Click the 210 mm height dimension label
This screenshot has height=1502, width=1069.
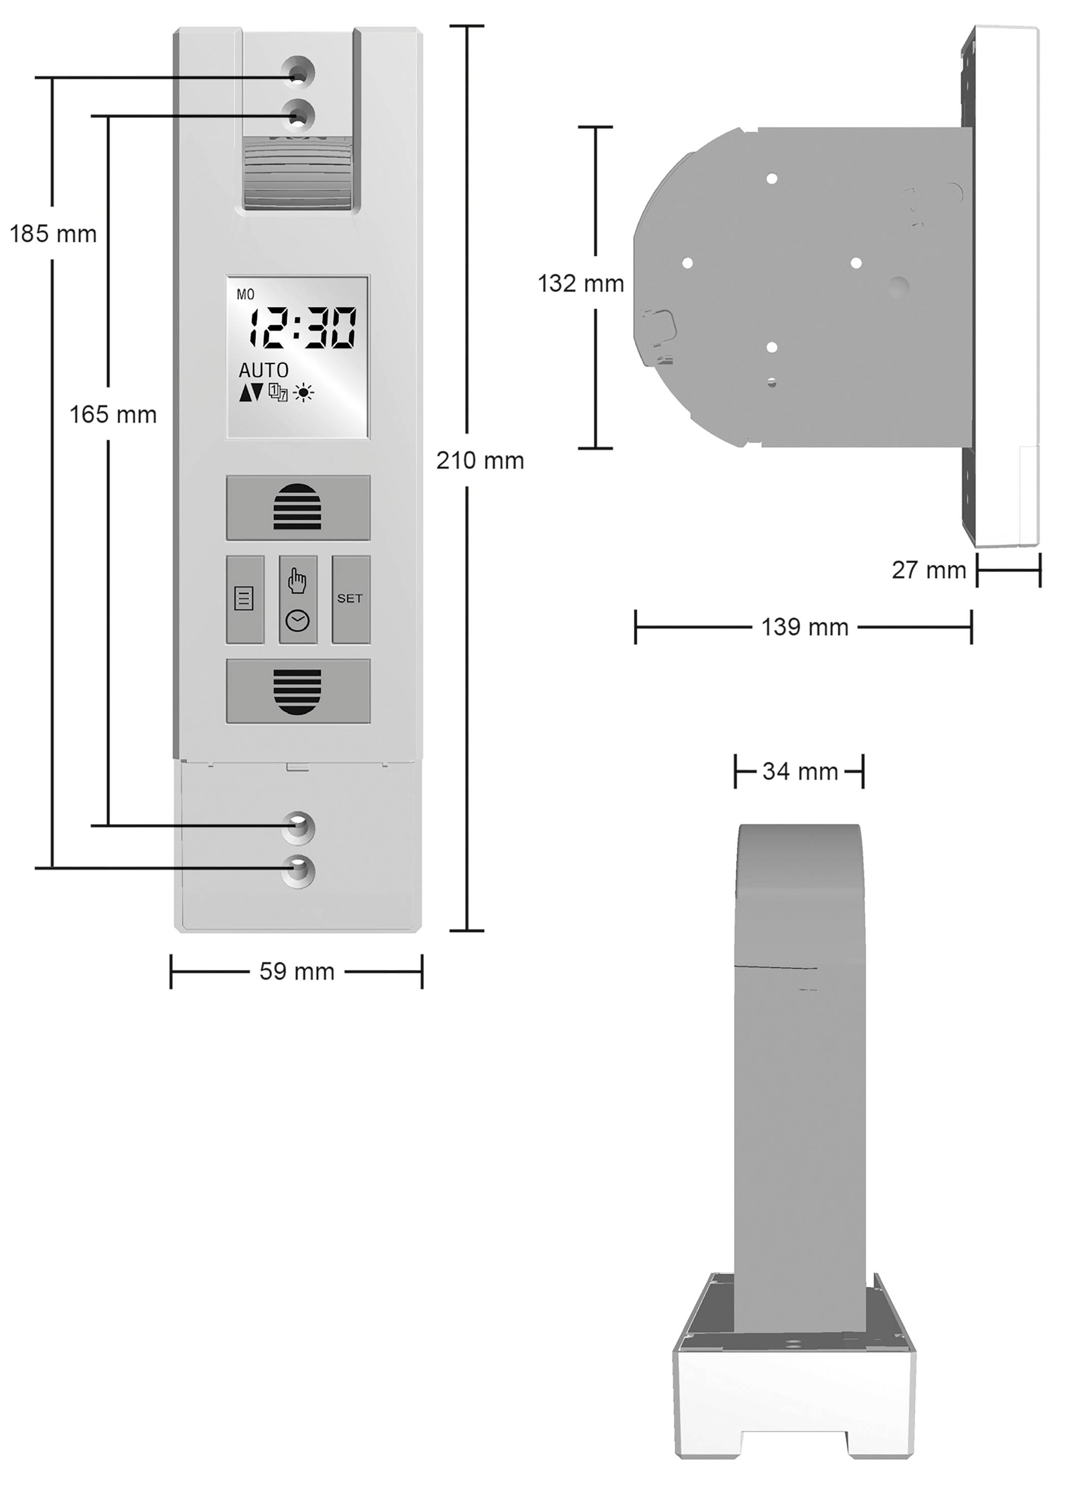pos(480,461)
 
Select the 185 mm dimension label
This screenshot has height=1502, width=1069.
pos(53,234)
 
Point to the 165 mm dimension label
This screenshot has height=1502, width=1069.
pos(113,415)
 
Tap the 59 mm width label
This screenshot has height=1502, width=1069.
pos(297,971)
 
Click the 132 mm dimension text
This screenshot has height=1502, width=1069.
pos(581,283)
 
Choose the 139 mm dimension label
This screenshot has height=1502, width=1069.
pos(805,627)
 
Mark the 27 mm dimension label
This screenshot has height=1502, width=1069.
pos(929,570)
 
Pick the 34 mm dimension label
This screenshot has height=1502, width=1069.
pos(800,771)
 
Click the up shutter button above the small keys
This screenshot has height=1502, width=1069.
pos(298,507)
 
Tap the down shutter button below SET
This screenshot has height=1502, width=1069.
pos(298,691)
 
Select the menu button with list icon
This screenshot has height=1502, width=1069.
pos(245,599)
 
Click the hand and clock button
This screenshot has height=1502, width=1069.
pos(298,599)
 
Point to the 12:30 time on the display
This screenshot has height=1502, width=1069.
pos(302,327)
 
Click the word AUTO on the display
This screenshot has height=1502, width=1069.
pos(263,370)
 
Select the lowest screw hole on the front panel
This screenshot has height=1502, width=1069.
pos(298,871)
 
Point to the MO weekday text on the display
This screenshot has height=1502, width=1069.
pos(245,295)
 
